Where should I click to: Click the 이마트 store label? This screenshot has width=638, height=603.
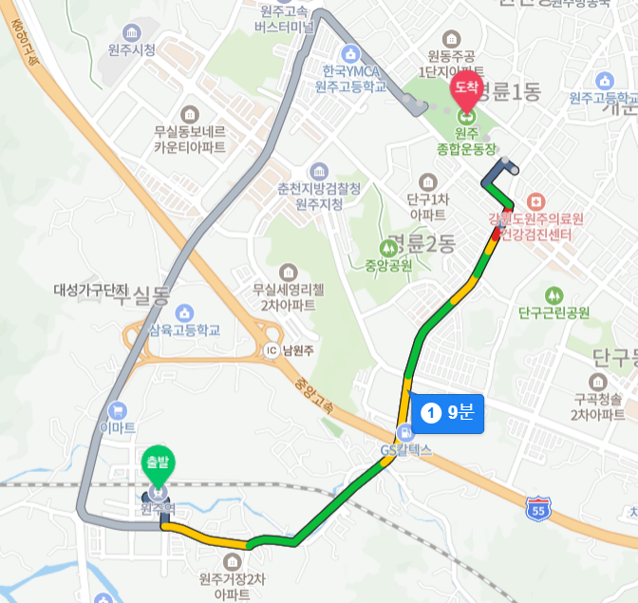click(118, 427)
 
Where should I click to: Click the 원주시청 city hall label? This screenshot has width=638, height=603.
click(131, 49)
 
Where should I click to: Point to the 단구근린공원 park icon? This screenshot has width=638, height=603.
click(554, 295)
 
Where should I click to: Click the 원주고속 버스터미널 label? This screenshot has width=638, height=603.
click(285, 19)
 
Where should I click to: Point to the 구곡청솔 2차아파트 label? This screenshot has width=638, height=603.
click(598, 406)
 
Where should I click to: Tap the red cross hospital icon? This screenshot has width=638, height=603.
click(535, 201)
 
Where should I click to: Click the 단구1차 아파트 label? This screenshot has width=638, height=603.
click(427, 206)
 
